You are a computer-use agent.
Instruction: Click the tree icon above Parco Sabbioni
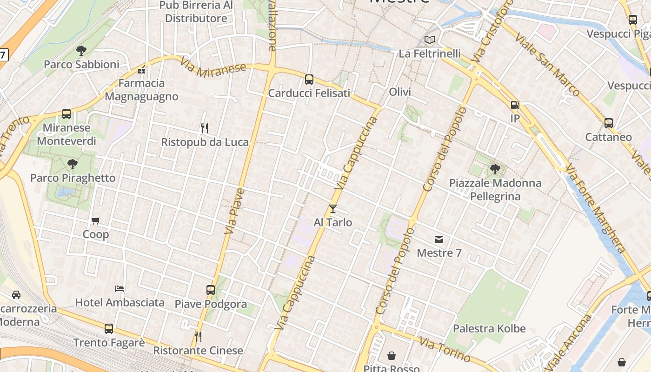click(x=81, y=51)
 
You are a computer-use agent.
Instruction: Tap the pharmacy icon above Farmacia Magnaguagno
click(x=142, y=70)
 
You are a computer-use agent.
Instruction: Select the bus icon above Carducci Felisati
click(x=309, y=80)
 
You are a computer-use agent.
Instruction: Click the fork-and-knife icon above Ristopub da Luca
click(x=204, y=128)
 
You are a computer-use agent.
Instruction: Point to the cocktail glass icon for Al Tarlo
click(x=333, y=209)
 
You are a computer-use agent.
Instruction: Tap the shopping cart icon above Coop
click(x=96, y=220)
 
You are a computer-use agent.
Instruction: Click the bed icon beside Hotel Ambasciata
click(x=120, y=289)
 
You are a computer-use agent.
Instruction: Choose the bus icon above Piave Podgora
click(x=211, y=290)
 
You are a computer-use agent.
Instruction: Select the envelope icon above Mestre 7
click(x=439, y=239)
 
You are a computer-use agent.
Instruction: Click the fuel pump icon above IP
click(x=515, y=105)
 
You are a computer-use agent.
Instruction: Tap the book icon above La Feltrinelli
click(x=430, y=40)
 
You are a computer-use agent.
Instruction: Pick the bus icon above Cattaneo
click(x=609, y=123)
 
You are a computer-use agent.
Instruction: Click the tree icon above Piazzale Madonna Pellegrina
click(x=495, y=169)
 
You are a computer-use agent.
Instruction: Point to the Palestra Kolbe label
click(x=489, y=329)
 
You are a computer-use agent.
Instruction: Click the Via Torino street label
click(x=445, y=350)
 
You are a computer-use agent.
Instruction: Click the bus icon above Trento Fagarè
click(x=109, y=329)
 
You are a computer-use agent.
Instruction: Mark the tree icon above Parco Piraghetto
click(x=72, y=164)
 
